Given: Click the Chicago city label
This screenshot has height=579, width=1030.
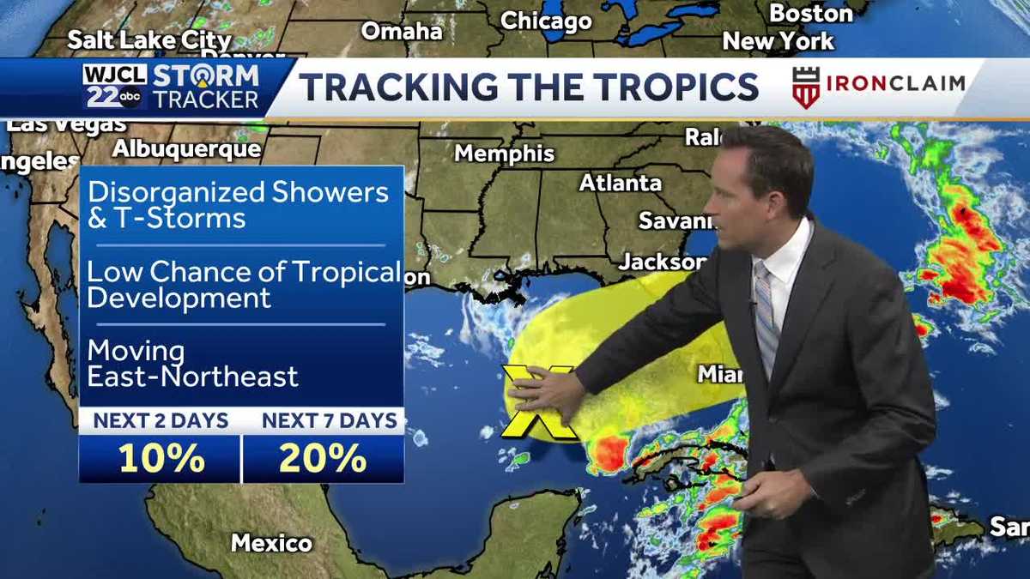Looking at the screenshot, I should (546, 21).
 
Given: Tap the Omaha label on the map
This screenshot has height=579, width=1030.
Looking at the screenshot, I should (402, 31).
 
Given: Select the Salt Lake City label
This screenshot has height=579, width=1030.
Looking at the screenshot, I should (149, 39).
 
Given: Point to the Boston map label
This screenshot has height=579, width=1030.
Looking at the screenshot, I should (810, 14).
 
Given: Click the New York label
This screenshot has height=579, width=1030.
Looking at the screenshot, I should (778, 41).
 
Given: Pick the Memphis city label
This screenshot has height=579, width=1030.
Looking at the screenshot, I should (505, 154).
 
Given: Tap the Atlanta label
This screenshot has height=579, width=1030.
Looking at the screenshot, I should (621, 183).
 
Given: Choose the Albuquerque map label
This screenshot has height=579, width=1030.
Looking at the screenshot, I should (186, 148).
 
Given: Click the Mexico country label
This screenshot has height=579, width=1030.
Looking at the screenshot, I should (271, 543).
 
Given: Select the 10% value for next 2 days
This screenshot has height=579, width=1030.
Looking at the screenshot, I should (161, 459).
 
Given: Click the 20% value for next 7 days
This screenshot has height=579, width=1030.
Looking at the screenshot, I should (323, 459).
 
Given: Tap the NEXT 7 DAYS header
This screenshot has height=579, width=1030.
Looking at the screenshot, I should (330, 420).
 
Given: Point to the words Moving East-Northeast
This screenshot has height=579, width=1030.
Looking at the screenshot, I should (192, 364).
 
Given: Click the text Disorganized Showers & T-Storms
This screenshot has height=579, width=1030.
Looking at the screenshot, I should (238, 204).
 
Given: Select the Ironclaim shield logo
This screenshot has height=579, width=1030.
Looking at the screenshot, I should (806, 87).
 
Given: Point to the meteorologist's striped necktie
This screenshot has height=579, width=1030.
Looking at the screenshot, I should (766, 317).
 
